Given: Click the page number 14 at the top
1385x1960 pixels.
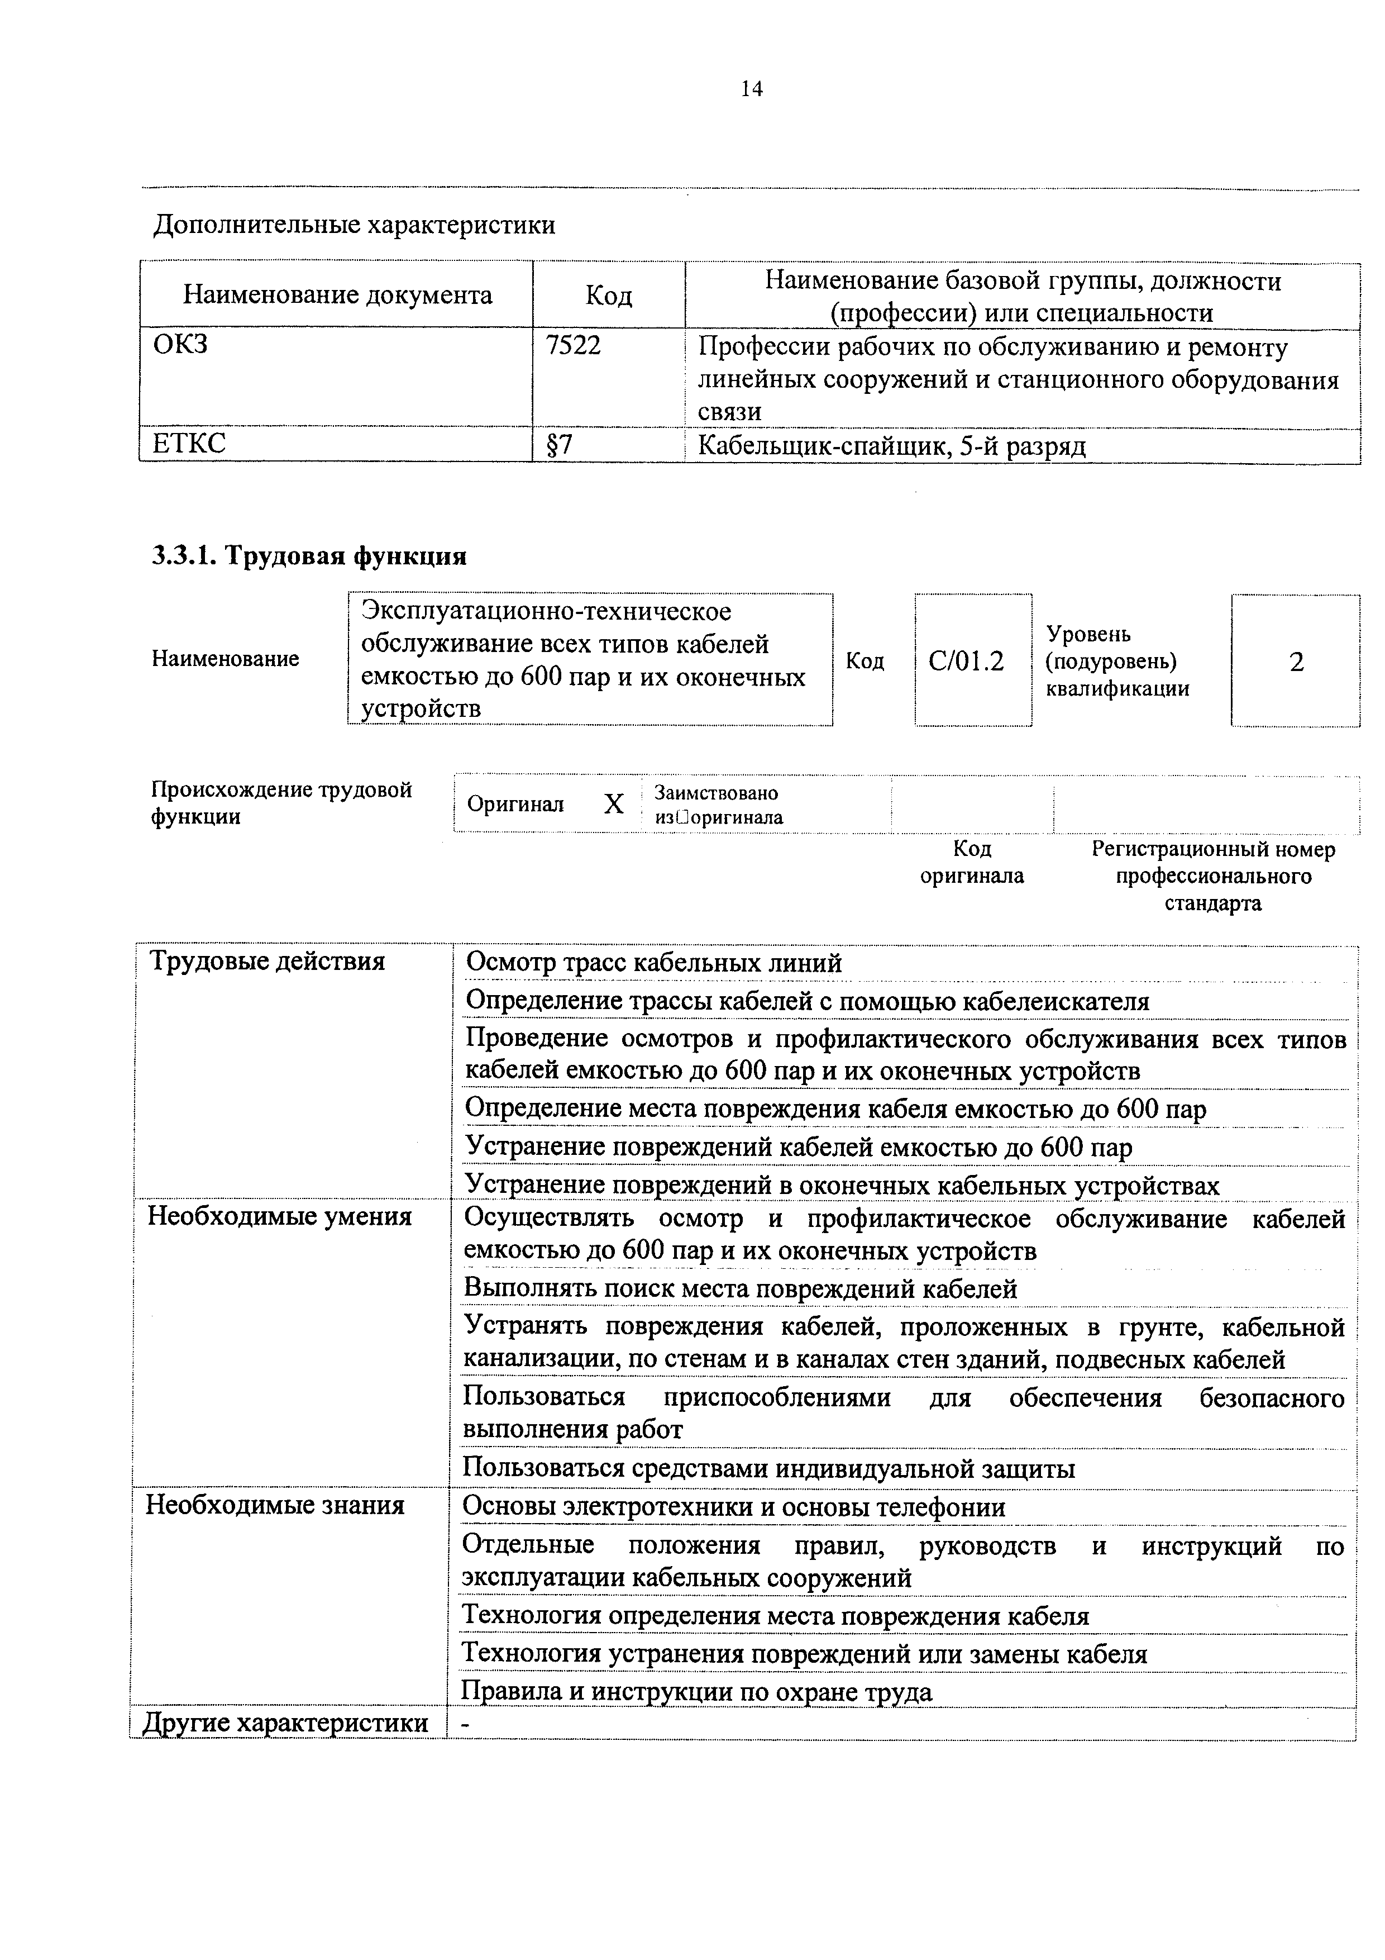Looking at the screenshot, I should (x=751, y=89).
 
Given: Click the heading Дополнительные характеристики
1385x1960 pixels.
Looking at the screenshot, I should (x=354, y=225).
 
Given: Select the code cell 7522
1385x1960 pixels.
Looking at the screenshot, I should (x=574, y=346).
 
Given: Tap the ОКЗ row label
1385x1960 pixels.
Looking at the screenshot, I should (x=181, y=345).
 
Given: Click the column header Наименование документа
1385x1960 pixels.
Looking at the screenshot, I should (x=337, y=296).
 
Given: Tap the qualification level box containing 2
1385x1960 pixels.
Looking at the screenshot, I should (x=1296, y=662).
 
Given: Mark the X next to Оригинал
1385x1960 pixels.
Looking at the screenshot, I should (x=614, y=804).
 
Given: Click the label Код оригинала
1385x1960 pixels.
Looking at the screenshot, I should (x=971, y=862).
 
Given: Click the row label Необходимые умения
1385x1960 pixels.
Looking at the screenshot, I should (x=280, y=1216).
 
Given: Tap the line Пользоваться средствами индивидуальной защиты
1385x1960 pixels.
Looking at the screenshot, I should (x=768, y=1468).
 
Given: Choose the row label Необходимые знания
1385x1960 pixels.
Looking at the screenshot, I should (x=275, y=1505).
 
